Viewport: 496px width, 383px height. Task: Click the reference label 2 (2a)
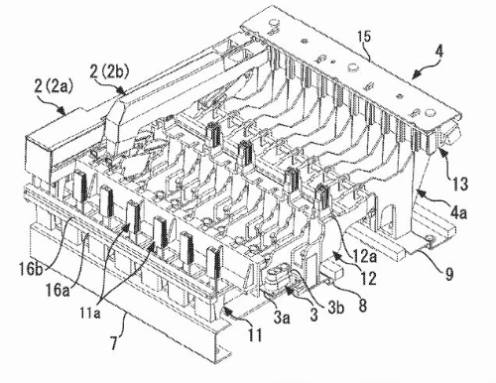[x=54, y=87]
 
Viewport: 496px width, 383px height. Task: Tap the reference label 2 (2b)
[x=110, y=72]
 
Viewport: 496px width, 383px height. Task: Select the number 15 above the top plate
[x=364, y=38]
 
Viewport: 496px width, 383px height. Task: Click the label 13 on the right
[x=459, y=184]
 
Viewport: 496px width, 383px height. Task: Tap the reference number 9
[x=448, y=274]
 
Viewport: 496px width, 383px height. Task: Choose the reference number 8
[x=363, y=306]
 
